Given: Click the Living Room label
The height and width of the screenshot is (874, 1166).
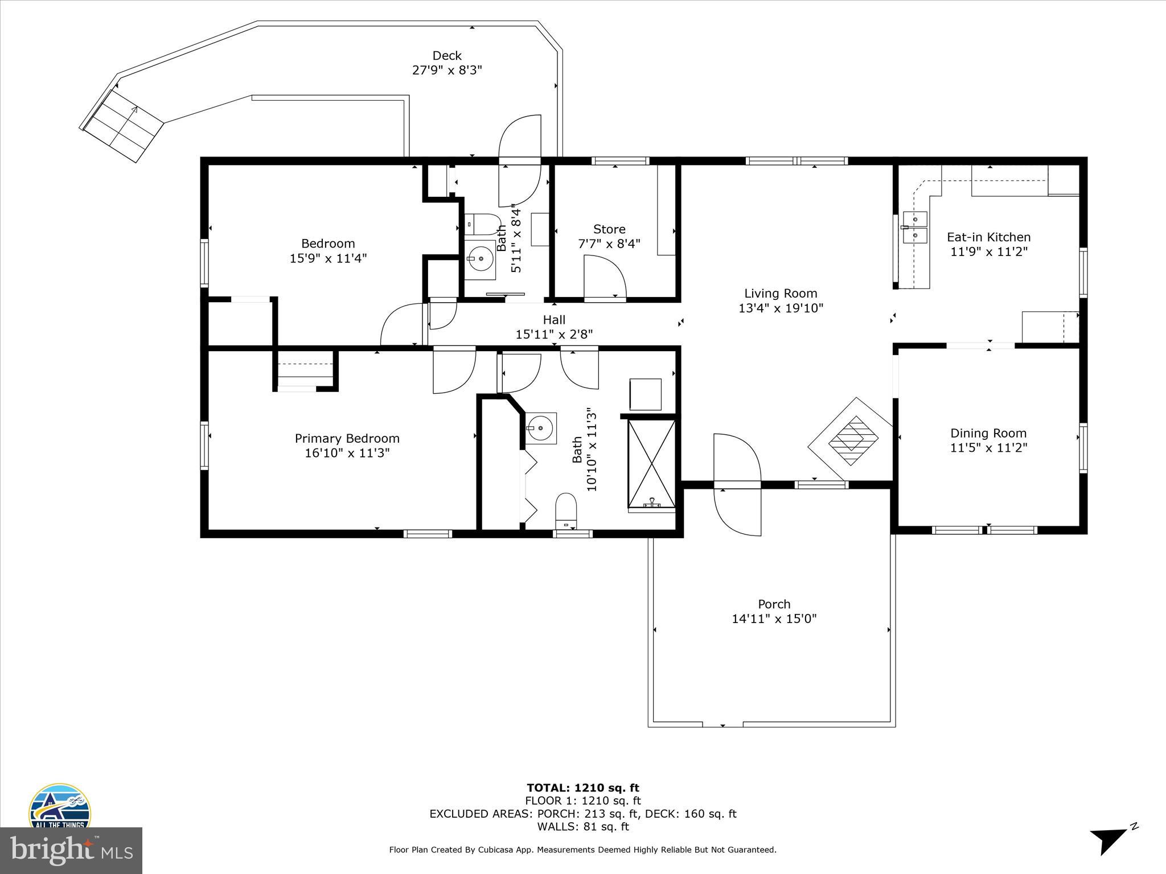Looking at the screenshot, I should (x=781, y=294).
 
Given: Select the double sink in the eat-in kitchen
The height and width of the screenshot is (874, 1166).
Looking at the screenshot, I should (x=915, y=227).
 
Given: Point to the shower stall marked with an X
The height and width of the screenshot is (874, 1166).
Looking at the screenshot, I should (x=651, y=463).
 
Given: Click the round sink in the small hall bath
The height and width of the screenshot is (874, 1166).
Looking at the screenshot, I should (x=481, y=259).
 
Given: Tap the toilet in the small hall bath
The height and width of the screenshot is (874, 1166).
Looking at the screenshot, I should (x=482, y=224).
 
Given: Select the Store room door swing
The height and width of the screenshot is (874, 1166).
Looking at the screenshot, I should (x=605, y=277).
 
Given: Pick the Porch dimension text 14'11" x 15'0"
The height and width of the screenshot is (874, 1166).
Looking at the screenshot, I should (x=774, y=619).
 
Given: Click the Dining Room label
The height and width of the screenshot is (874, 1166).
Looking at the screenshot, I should (x=988, y=433).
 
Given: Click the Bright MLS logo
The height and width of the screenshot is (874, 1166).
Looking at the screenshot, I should (x=71, y=851).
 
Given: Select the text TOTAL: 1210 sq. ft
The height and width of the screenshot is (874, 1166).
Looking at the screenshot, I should (x=582, y=788).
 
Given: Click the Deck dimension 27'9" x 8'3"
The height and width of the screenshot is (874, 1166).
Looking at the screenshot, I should (x=447, y=70).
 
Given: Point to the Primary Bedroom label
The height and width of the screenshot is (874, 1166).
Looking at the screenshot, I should (x=347, y=438).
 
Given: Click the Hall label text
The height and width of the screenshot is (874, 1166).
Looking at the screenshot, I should (x=554, y=320).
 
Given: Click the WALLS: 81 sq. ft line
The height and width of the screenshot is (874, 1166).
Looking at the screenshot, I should (x=582, y=827).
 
